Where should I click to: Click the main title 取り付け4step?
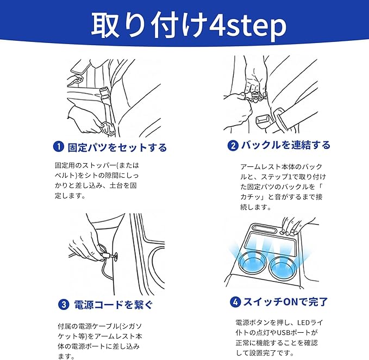(x=189, y=25)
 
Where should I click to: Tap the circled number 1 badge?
(x=59, y=147)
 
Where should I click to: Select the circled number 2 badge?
(x=233, y=146)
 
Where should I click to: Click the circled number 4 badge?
(x=235, y=302)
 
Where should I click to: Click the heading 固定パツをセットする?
(x=117, y=147)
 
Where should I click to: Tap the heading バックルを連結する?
(x=286, y=145)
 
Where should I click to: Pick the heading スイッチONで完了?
(x=285, y=302)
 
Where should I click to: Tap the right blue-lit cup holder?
(x=283, y=268)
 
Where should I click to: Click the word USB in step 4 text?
(x=283, y=333)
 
